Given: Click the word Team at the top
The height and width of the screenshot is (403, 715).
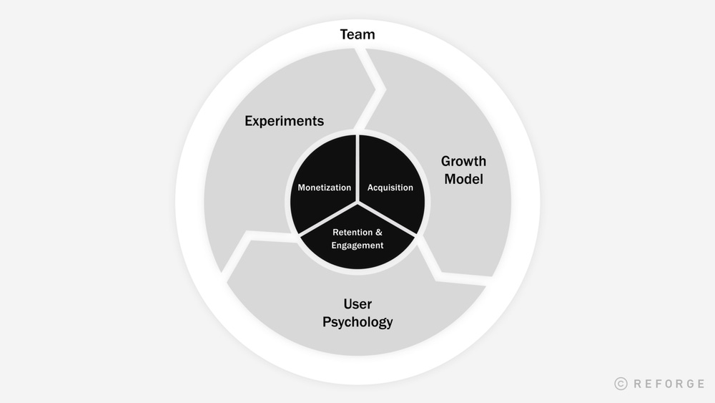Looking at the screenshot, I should point(357,34).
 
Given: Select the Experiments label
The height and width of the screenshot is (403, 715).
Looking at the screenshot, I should point(285,121).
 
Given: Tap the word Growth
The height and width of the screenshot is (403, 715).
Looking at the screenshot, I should point(463,161).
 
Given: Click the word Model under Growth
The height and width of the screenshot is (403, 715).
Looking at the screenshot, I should point(463,179).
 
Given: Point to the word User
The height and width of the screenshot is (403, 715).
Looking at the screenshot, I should point(357,304).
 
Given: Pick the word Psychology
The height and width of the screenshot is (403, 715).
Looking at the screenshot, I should point(357,322).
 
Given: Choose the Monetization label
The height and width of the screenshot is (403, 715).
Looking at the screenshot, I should point(325,188).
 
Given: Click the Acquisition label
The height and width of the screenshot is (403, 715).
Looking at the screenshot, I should point(390,188).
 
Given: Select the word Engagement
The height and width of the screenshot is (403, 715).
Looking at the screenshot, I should point(357,246).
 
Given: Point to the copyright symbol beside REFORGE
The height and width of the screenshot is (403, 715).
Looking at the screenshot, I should point(621,384).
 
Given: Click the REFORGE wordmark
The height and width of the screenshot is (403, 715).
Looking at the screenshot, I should point(669,384).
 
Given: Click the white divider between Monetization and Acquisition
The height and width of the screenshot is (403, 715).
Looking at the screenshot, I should point(357,165).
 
